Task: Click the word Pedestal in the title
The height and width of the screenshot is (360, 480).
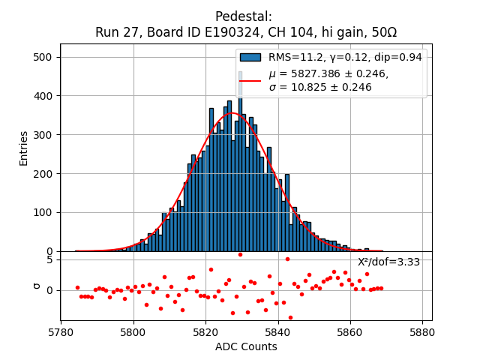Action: coord(244,16)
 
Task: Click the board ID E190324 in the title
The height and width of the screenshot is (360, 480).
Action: coord(223,32)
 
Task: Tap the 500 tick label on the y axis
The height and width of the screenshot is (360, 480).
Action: coord(44,57)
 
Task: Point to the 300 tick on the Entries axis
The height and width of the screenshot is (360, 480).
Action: coord(44,135)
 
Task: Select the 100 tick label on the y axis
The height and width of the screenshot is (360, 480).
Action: coord(44,212)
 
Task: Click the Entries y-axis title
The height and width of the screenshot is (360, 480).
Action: coord(23,148)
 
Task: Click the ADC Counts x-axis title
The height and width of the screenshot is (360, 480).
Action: coord(246,346)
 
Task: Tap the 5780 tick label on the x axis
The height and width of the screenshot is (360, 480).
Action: coord(61,331)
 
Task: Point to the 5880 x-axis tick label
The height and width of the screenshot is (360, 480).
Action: coord(422,331)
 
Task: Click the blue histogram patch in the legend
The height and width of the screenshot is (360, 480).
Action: coord(250,58)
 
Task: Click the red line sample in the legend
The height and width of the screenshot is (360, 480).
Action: coord(250,80)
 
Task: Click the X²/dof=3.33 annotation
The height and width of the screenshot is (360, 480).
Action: coord(388,262)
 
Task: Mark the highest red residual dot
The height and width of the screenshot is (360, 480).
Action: coord(240,254)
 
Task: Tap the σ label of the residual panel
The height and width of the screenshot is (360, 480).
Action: coord(36,286)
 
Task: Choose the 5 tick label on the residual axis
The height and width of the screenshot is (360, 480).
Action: coord(49,259)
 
